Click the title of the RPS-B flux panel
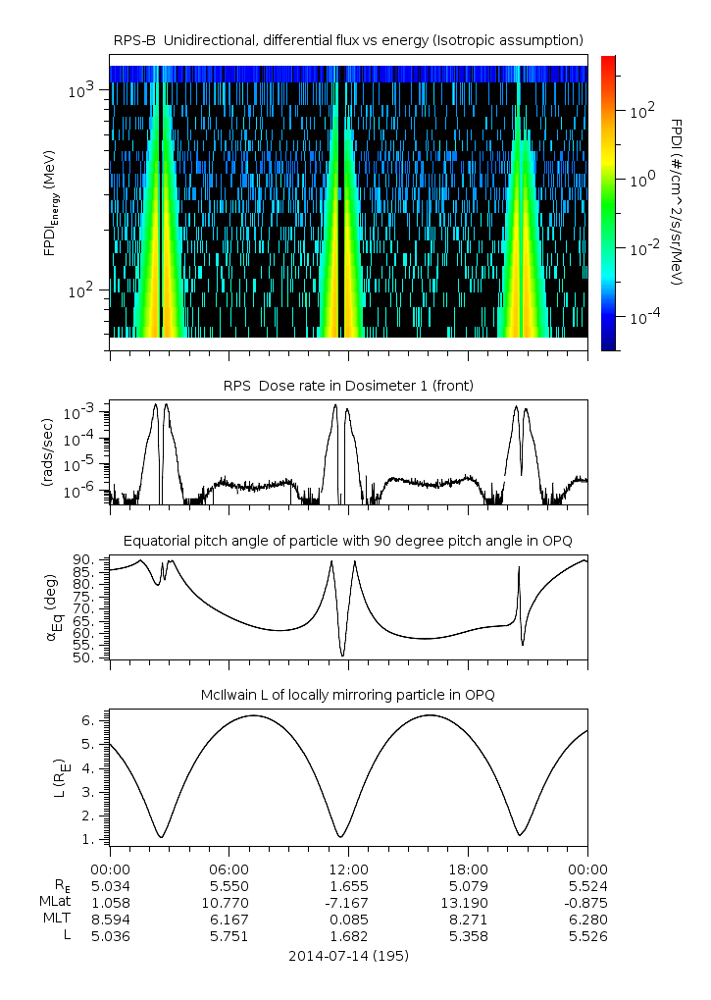(x=348, y=39)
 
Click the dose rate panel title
(x=348, y=386)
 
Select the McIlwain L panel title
(x=348, y=696)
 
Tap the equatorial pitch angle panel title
(x=348, y=541)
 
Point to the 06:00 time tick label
(x=229, y=869)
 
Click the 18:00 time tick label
(x=468, y=869)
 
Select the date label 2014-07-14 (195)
(x=348, y=955)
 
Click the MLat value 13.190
(x=468, y=903)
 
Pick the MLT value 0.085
(x=348, y=920)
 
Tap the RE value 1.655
(x=348, y=886)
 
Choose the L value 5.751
(x=229, y=936)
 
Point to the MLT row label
(x=52, y=920)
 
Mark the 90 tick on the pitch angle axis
(x=83, y=559)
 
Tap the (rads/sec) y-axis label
(x=48, y=452)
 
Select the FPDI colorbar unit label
(x=678, y=201)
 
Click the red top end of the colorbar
(x=608, y=61)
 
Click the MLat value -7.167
(x=348, y=903)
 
